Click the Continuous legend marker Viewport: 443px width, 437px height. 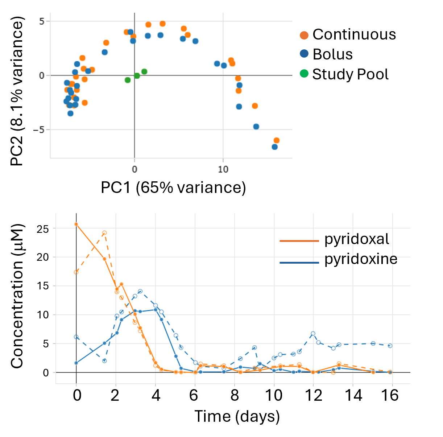304,35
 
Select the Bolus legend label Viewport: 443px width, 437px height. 332,54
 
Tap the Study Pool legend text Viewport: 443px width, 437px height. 350,74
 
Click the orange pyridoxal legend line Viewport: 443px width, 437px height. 299,240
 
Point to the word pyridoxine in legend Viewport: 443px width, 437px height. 361,259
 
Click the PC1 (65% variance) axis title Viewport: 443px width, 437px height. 173,187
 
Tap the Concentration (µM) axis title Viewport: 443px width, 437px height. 17,296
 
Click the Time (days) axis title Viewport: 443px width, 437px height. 237,416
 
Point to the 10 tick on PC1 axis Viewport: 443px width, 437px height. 223,169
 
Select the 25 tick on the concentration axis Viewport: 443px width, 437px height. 43,228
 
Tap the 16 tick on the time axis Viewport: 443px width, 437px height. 390,395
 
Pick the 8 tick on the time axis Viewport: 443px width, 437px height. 235,395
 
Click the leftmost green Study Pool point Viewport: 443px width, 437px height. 128,80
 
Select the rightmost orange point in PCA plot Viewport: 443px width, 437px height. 277,140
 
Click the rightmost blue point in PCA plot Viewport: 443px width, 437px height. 275,147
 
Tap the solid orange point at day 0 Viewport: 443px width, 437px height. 76,224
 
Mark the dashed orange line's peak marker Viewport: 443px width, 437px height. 104,233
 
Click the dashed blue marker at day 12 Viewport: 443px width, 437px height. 313,333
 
